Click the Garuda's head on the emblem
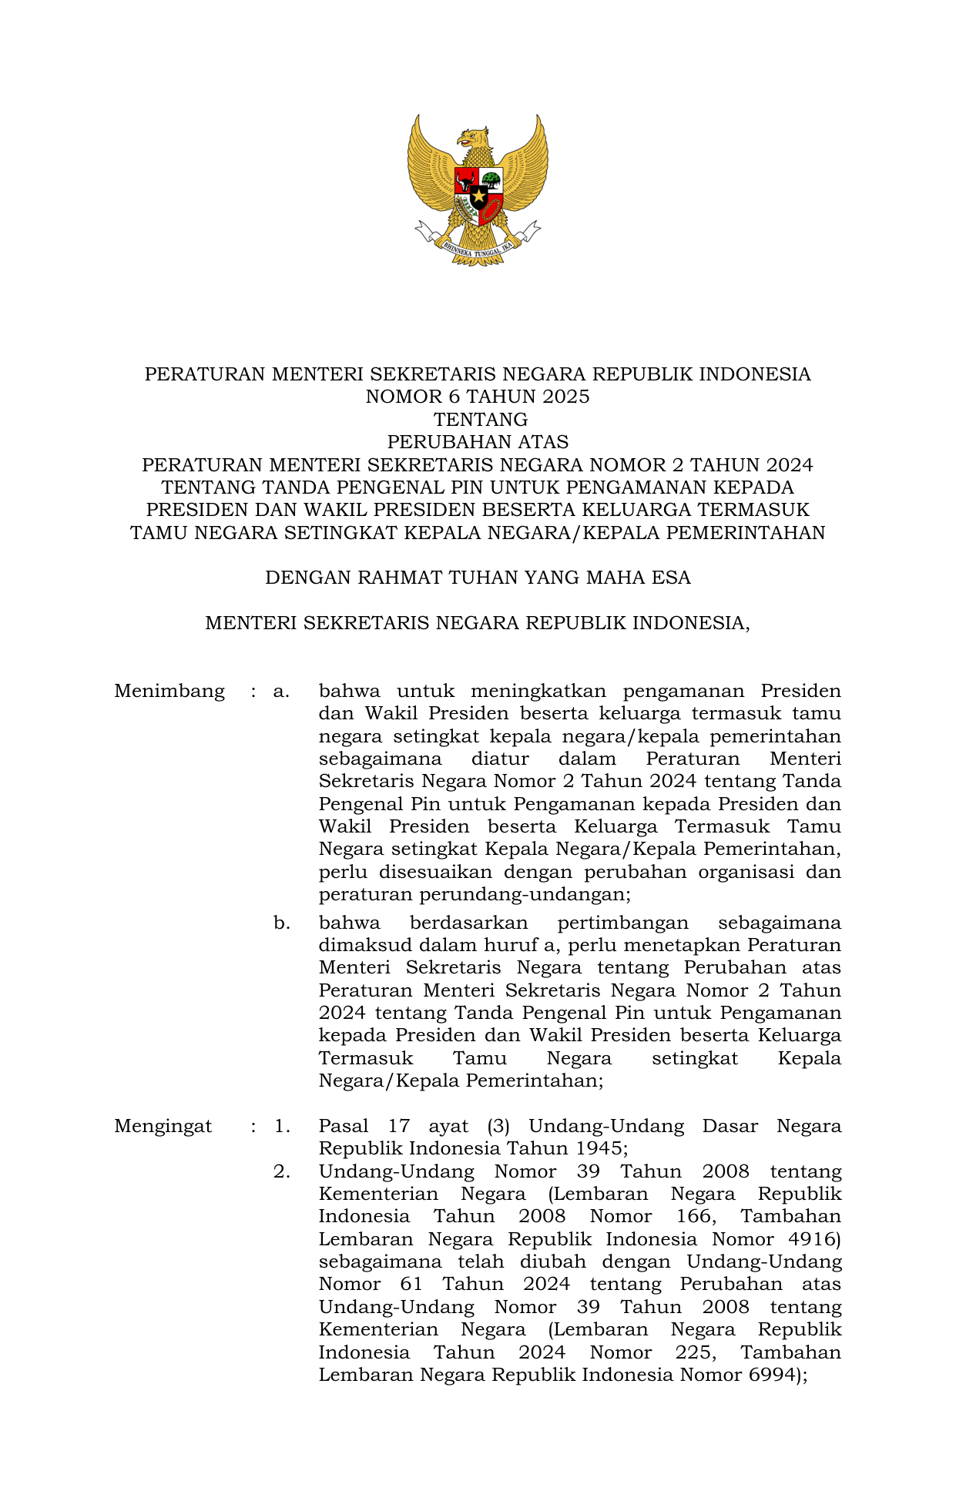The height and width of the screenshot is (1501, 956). tap(475, 139)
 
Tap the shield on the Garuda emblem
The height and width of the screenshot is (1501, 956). tap(478, 195)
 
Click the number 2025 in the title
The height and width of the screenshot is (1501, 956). tap(565, 397)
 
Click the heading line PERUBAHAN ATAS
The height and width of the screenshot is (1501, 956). tap(478, 442)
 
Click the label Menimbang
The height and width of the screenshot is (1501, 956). tap(169, 691)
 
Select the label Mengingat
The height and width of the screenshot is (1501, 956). tap(163, 1126)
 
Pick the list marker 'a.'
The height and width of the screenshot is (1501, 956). tap(281, 691)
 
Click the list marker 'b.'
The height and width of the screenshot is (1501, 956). tap(282, 923)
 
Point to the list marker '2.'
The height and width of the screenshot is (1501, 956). tap(282, 1171)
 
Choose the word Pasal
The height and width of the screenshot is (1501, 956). tap(344, 1126)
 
